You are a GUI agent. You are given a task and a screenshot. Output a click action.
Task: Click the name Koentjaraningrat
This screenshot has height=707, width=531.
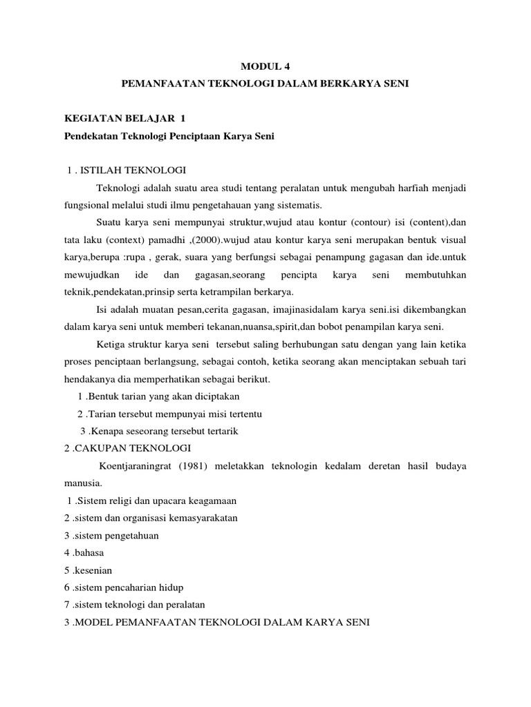[142, 466]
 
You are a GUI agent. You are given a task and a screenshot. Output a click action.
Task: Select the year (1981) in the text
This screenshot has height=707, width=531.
[214, 466]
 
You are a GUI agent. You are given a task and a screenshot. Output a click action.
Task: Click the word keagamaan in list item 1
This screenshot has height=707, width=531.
[212, 501]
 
